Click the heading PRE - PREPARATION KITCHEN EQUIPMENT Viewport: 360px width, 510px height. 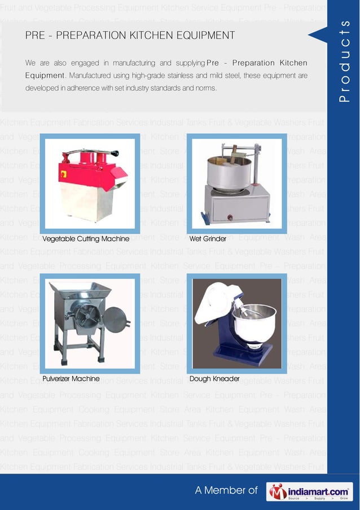130,36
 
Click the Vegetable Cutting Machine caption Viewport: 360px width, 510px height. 86,239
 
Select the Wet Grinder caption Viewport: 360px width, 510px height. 208,239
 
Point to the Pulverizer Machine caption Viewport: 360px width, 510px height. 71,378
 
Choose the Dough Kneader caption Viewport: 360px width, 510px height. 214,378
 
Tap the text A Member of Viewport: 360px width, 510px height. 226,491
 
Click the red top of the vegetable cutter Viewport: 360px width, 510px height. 85,167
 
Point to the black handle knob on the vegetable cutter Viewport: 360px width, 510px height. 115,152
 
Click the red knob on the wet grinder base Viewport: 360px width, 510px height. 230,217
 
